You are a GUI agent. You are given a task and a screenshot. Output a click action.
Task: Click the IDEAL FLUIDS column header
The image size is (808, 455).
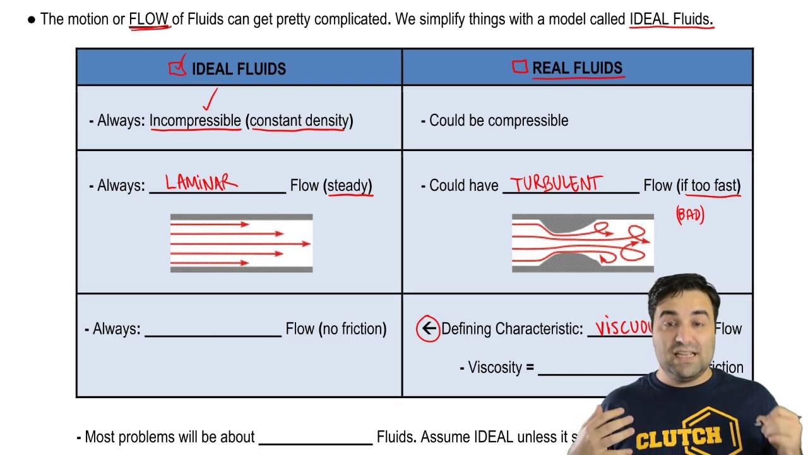click(239, 69)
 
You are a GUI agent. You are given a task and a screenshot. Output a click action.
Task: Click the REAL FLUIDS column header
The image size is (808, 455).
click(577, 68)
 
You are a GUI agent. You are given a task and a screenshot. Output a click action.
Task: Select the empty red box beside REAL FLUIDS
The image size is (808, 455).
click(520, 67)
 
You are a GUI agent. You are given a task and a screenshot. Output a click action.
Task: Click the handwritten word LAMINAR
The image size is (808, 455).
click(201, 183)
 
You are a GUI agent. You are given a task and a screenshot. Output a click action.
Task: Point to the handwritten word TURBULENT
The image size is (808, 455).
click(556, 184)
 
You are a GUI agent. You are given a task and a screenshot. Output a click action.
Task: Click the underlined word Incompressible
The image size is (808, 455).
click(195, 121)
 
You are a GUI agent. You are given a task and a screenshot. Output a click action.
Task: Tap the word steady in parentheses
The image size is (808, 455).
click(349, 186)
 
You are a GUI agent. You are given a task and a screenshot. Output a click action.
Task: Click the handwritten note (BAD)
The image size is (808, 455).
click(690, 215)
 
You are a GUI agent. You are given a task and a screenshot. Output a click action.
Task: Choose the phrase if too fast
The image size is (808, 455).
click(710, 186)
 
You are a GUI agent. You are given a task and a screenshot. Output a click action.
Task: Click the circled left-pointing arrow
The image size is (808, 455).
click(429, 329)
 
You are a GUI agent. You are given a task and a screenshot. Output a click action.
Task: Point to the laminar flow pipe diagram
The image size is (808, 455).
click(241, 243)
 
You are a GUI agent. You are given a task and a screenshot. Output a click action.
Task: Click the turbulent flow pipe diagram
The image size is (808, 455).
click(582, 243)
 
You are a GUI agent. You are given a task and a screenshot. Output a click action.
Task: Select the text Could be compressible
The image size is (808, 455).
click(498, 121)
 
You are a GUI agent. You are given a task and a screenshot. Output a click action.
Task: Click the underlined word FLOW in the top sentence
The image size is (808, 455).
click(149, 20)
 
